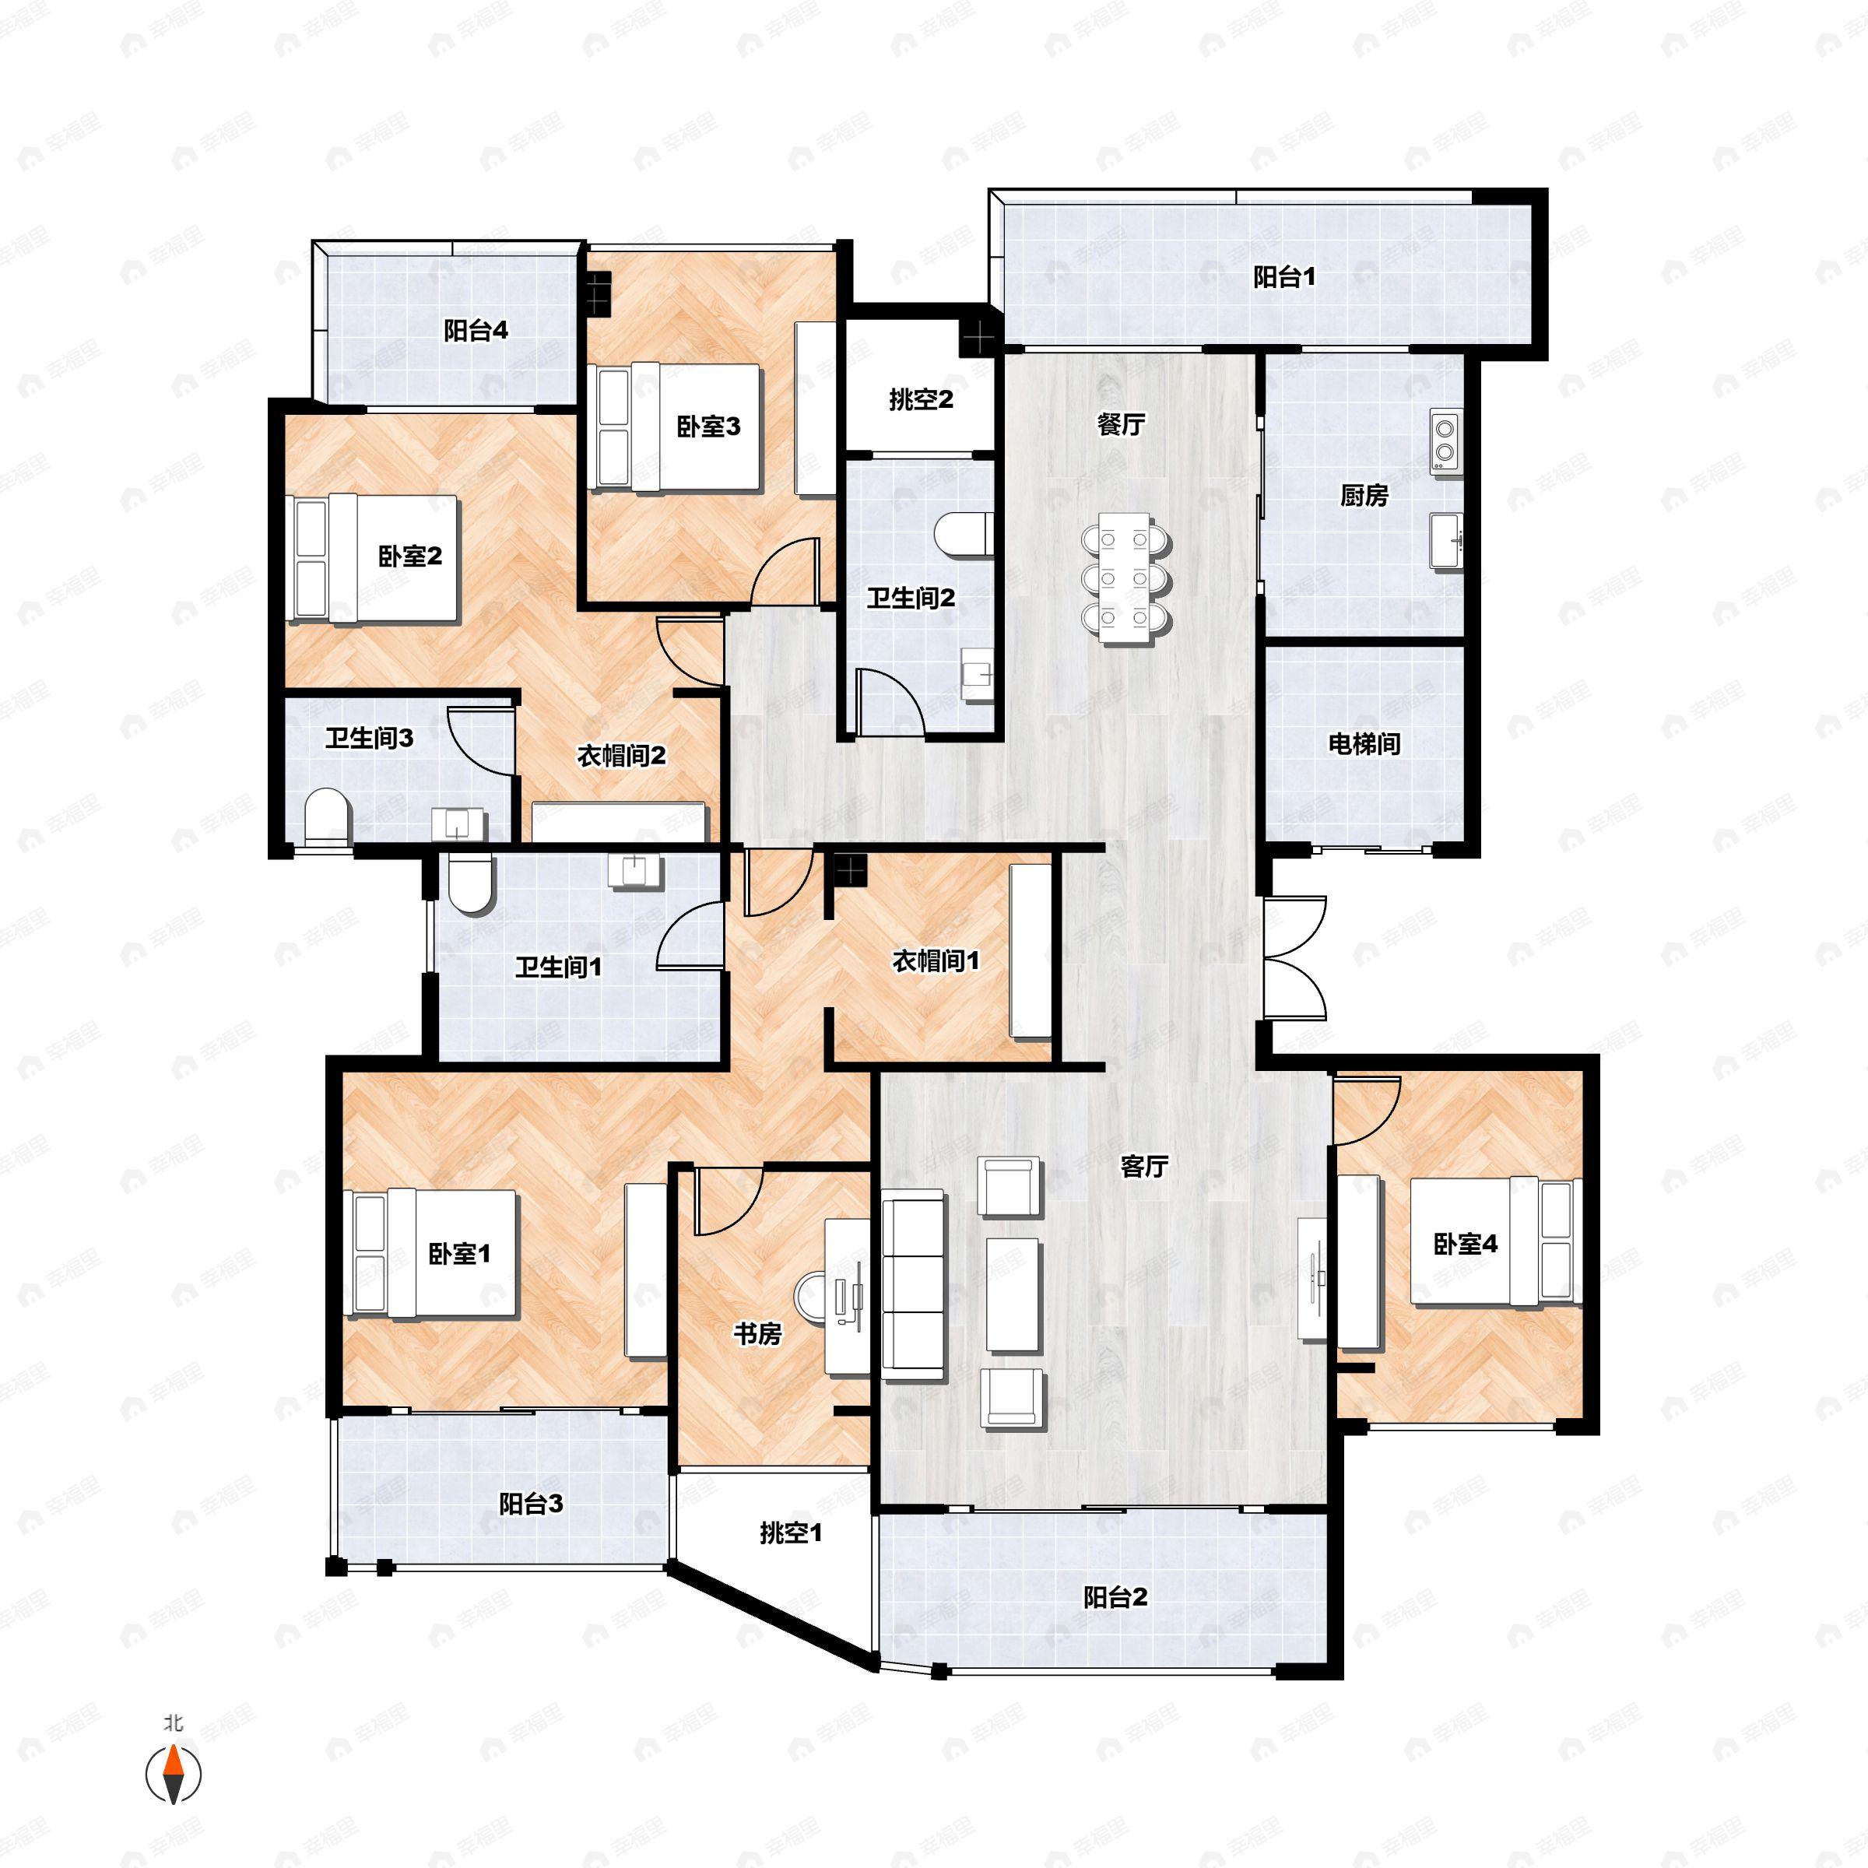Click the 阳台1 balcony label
pos(1284,278)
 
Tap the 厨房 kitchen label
pos(1364,495)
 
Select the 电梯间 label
pos(1364,743)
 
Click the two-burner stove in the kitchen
pos(1445,441)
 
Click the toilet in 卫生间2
pos(963,534)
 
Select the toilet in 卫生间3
pos(326,817)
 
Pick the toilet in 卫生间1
pos(471,882)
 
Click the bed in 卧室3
pos(677,427)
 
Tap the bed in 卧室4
pos(1496,1241)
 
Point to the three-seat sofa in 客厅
pos(913,1284)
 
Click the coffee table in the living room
pos(1013,1294)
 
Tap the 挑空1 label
pos(790,1533)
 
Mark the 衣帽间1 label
pos(935,960)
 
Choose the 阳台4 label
pos(476,331)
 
